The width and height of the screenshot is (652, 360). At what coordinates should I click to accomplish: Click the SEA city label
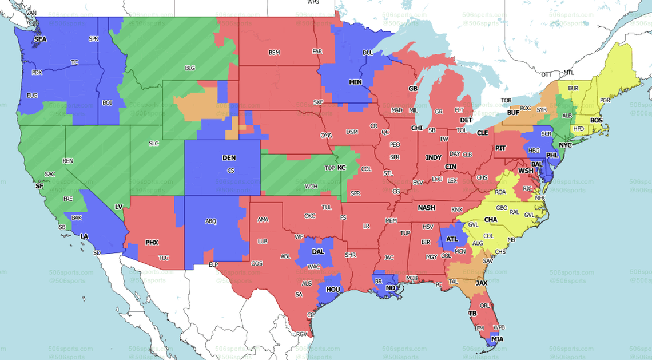(x=40, y=39)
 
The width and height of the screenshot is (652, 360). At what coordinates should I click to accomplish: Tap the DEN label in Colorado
(x=229, y=157)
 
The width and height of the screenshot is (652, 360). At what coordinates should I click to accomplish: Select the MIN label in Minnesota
(x=355, y=82)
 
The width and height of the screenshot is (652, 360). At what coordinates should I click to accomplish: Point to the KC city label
(x=341, y=168)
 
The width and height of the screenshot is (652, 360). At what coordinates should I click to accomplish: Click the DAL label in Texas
(x=318, y=251)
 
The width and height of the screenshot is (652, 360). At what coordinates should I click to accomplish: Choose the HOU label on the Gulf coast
(x=333, y=290)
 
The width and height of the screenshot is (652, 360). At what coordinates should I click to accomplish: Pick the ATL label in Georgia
(x=452, y=239)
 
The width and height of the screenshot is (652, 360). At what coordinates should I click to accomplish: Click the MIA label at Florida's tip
(x=497, y=339)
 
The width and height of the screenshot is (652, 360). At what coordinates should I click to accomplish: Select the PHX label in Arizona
(x=152, y=243)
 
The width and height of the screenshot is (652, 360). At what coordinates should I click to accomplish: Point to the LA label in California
(x=84, y=236)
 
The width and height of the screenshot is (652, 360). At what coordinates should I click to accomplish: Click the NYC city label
(x=565, y=145)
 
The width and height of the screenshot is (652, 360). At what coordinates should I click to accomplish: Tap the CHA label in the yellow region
(x=490, y=220)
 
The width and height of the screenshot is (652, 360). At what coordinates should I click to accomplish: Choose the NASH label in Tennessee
(x=426, y=208)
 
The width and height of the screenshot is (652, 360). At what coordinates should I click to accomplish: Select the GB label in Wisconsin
(x=412, y=89)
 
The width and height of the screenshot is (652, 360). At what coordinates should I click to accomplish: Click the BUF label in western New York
(x=512, y=113)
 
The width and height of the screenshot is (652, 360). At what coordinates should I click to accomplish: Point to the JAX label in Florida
(x=481, y=283)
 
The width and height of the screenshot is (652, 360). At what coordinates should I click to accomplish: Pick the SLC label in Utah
(x=153, y=143)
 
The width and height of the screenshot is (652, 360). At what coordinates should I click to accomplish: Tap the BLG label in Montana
(x=190, y=68)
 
